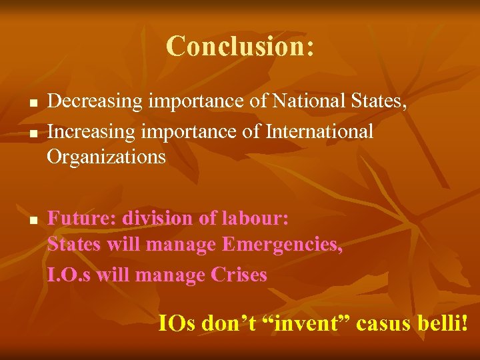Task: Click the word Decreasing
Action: coord(95,102)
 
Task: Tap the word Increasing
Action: coord(93,131)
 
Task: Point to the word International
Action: coord(319,131)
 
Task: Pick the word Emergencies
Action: coord(283,245)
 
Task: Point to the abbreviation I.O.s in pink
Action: coord(69,274)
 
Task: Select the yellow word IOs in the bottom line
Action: coord(177,323)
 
